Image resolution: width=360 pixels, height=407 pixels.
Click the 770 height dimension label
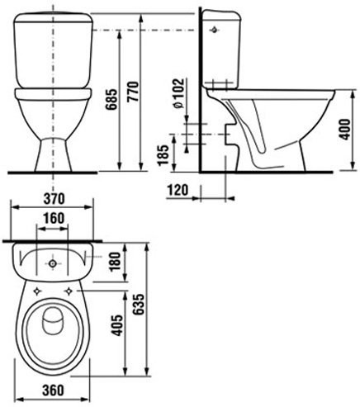(134, 92)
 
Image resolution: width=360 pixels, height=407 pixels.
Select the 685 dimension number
(112, 99)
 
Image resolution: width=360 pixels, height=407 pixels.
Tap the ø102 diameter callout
(178, 94)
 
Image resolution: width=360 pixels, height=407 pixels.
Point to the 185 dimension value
(163, 154)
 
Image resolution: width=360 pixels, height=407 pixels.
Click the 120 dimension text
(178, 190)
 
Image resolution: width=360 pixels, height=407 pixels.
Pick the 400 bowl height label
(345, 130)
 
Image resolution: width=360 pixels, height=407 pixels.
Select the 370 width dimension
(54, 199)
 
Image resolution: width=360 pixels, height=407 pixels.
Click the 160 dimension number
(54, 218)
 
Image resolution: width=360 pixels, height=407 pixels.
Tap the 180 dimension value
(115, 262)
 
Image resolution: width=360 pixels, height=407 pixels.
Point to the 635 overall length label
(138, 305)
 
